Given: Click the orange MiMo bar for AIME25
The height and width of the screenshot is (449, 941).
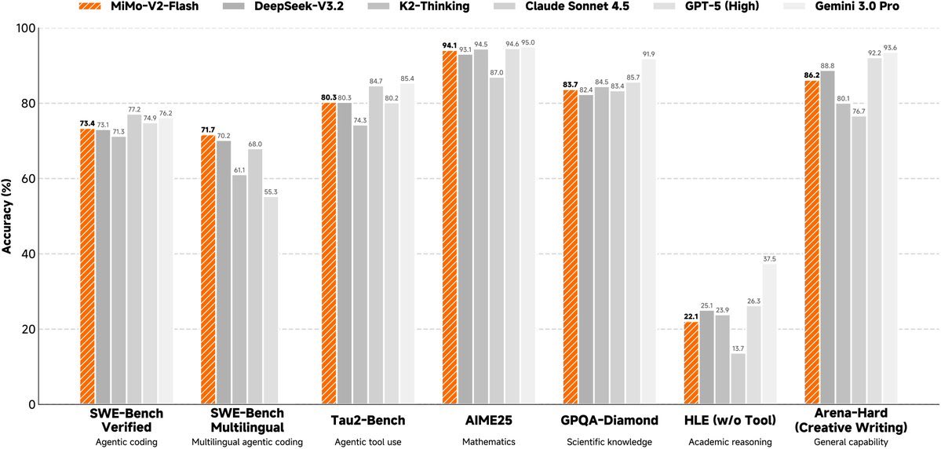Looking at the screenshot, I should [x=450, y=228].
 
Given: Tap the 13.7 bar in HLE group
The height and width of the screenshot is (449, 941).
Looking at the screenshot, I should [x=739, y=378].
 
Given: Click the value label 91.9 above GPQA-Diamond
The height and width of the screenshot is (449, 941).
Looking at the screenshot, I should [x=648, y=53].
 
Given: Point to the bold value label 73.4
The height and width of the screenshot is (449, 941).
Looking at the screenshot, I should [x=88, y=123].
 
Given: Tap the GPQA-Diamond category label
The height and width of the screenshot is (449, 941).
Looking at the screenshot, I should [x=609, y=420].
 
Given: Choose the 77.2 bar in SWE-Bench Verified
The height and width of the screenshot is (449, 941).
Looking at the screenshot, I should [x=134, y=259].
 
